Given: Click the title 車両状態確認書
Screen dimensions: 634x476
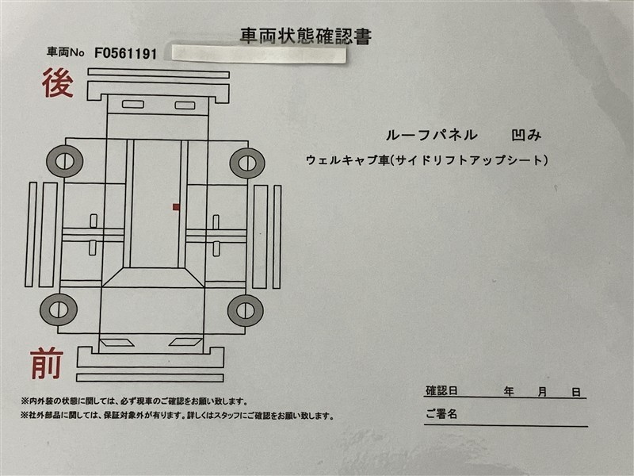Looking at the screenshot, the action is [x=306, y=36].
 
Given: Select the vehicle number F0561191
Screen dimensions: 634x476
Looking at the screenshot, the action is [x=125, y=53].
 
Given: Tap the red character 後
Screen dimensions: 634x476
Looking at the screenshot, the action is [x=58, y=83].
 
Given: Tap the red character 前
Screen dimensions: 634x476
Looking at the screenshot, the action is [x=47, y=363].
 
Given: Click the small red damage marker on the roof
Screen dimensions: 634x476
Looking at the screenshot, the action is [x=176, y=207].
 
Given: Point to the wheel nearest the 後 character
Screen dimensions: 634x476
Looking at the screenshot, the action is [x=65, y=161].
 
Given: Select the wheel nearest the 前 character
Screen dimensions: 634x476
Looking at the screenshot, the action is [x=59, y=309].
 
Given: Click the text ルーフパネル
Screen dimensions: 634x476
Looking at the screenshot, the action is [x=431, y=135].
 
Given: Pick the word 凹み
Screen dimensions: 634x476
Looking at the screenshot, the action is [x=526, y=135].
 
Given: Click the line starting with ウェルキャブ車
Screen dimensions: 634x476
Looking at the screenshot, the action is [x=427, y=160].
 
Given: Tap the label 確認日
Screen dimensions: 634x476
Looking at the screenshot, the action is [x=441, y=390].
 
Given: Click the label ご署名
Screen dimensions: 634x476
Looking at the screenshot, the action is [x=441, y=413].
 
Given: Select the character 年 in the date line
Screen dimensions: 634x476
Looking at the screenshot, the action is [x=509, y=391].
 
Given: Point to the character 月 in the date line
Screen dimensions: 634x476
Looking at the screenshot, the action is [x=542, y=392].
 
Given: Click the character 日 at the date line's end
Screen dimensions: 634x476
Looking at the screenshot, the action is [x=576, y=392].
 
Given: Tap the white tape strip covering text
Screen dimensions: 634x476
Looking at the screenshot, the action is [x=259, y=55].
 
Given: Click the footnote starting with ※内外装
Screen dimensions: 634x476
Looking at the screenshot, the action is [x=134, y=401].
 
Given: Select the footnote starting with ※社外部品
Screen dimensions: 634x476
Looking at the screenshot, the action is [x=178, y=416].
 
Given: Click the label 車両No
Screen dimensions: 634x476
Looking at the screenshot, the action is [x=66, y=52].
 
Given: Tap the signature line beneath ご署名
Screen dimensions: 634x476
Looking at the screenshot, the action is [x=506, y=425].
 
